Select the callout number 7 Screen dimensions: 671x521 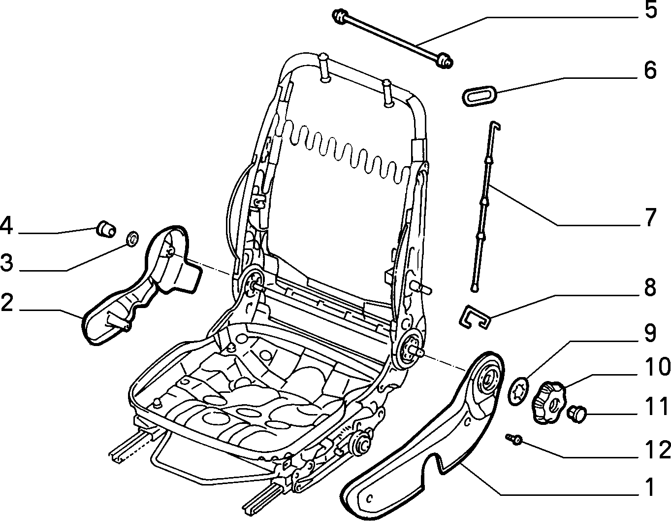(650, 217)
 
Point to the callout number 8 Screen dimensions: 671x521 (650, 287)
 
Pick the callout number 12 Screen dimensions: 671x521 (657, 450)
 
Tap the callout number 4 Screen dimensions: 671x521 (7, 226)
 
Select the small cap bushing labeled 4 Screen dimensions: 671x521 (106, 228)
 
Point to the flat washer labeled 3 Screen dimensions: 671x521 (133, 239)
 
